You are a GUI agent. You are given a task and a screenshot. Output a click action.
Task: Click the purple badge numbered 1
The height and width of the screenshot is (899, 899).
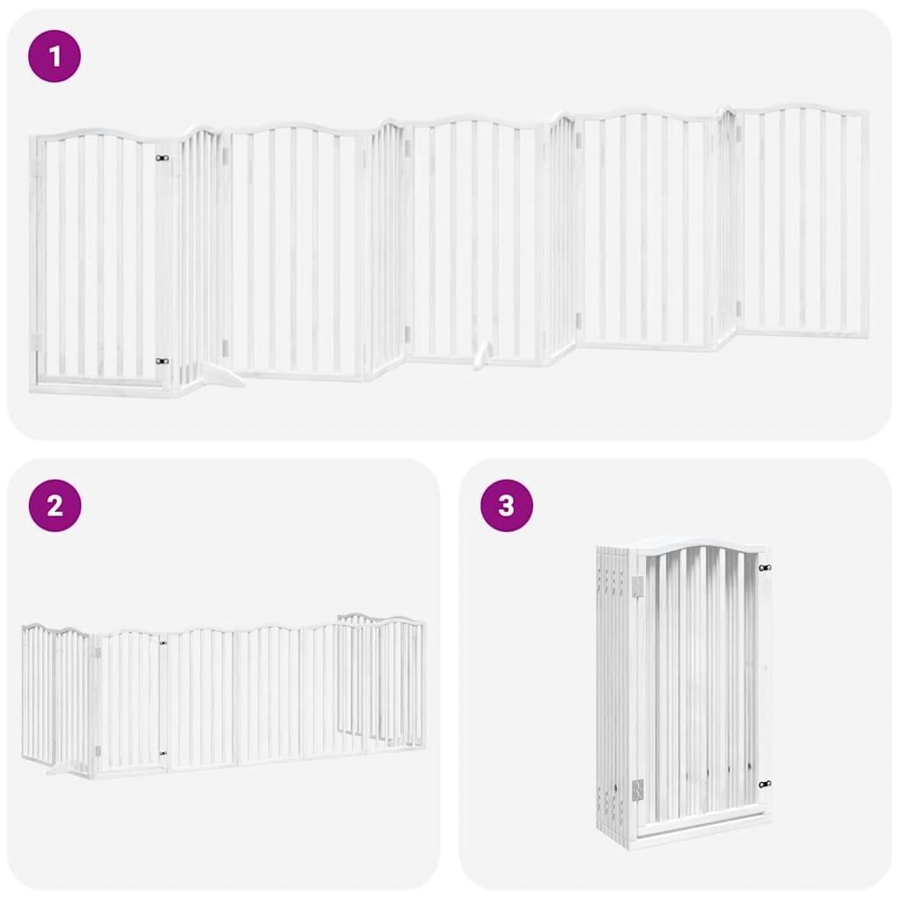coord(54,57)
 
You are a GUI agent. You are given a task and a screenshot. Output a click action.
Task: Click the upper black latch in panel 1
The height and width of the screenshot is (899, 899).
coord(161,158)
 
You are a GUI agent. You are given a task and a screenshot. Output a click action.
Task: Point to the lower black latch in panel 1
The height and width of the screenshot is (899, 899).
coord(161,361)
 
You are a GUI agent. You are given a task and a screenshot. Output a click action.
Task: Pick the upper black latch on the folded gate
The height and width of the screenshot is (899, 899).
coord(764,568)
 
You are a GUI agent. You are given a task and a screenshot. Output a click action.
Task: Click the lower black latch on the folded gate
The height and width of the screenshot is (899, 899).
coord(765,784)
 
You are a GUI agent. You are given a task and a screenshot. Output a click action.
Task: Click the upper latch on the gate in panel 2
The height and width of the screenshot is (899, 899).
coord(163,644)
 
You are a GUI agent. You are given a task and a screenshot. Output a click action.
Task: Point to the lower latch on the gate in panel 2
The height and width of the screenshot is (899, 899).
coord(163,752)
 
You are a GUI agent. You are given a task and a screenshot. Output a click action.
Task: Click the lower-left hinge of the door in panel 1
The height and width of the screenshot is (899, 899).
coord(36,341)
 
